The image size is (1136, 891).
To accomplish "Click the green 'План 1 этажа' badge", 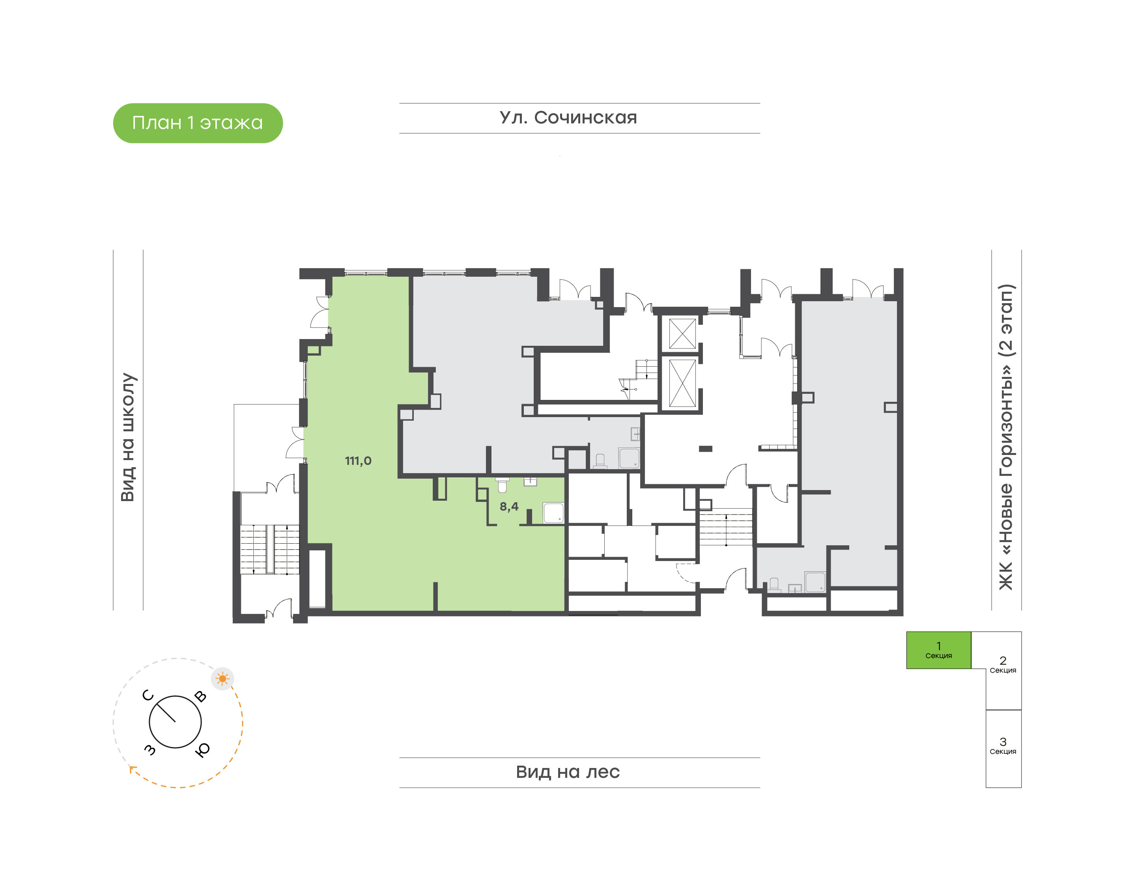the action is point(198,123).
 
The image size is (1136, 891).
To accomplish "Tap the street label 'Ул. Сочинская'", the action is point(568,118).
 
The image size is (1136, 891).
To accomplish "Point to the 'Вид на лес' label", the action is point(568,772).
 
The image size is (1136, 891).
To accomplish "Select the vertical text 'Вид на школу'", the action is point(128,437).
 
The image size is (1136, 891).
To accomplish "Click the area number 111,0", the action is point(358,460).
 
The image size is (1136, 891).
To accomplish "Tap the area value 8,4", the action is point(509,506).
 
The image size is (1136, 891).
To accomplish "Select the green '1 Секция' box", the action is point(938,650).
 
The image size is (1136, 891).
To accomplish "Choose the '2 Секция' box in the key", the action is point(1003,670).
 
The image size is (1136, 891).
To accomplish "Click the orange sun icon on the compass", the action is point(223,679).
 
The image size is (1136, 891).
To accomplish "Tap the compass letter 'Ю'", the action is point(202,749).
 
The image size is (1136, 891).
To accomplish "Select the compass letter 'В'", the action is point(200,696).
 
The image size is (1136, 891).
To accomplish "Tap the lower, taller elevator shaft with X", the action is point(682,383).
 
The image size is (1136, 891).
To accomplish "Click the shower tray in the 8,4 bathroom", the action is point(553,513).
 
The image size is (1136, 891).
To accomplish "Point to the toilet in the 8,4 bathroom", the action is point(502,485).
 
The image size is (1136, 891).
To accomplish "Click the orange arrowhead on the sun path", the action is point(133,768).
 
